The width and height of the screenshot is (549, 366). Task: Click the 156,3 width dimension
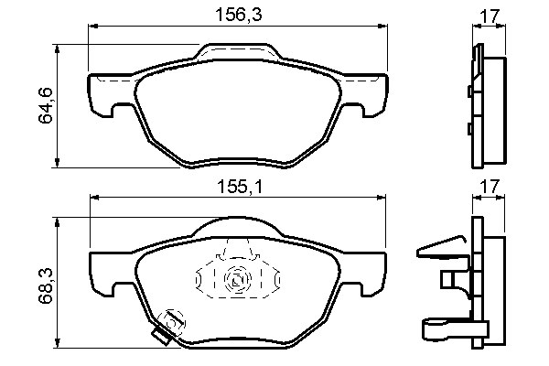pos(236,16)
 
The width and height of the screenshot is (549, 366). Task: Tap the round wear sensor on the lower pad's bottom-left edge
pos(169,322)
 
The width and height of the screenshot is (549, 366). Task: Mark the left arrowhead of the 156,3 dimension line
pos(91,27)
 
